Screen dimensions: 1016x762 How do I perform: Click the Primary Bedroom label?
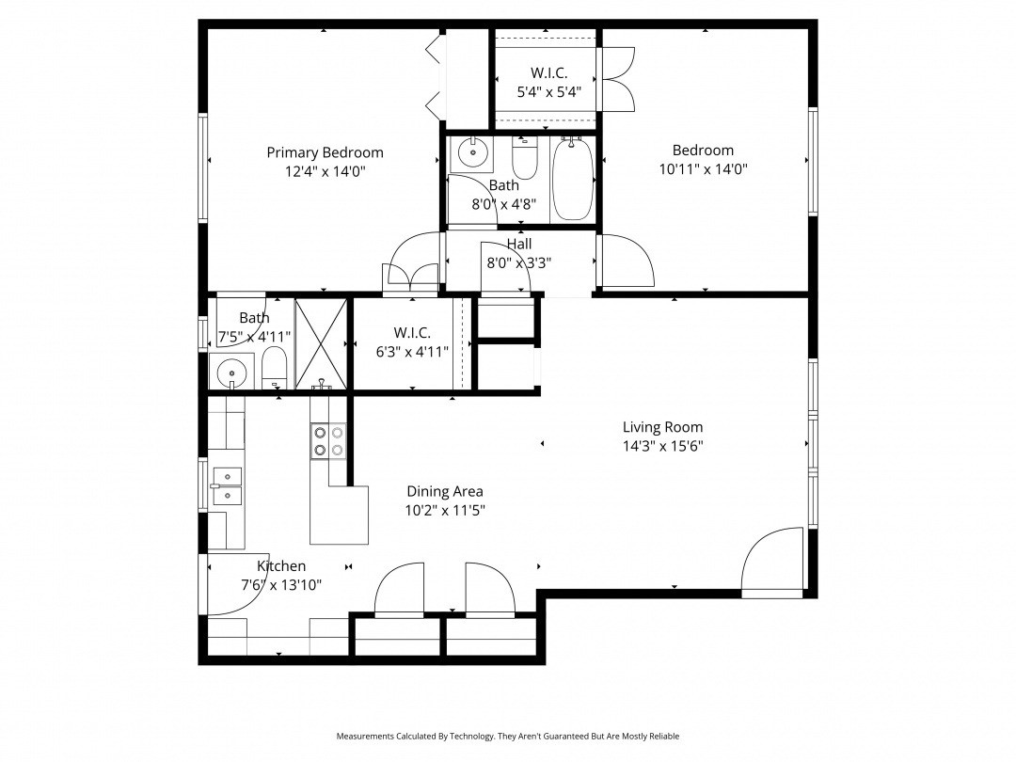tap(325, 153)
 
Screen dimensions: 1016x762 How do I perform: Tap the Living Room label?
tap(663, 427)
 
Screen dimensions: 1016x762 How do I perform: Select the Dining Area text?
tap(445, 492)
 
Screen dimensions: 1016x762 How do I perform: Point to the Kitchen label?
tap(281, 565)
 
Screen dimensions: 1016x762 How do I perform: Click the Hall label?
tap(519, 244)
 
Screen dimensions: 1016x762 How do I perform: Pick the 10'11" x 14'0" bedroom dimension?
tap(704, 169)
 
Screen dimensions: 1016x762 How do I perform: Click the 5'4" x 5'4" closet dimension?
tap(548, 92)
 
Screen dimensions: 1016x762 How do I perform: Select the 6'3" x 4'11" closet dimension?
tap(412, 352)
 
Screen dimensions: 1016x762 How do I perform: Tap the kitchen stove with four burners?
tap(328, 440)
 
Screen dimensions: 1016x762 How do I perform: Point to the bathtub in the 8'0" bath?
tap(573, 178)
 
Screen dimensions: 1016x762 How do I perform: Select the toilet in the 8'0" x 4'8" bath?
tap(524, 157)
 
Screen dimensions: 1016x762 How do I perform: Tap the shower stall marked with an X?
tap(322, 343)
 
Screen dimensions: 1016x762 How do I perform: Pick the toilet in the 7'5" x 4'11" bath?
tap(274, 368)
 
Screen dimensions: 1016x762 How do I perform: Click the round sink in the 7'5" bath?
tap(231, 372)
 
